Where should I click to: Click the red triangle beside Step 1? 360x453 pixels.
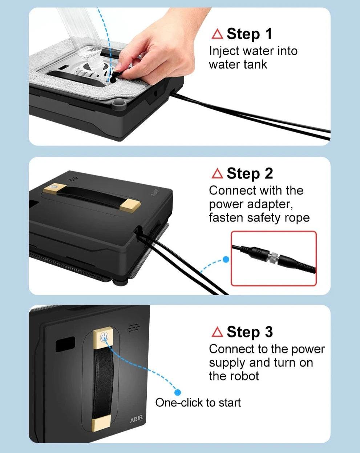point(217,34)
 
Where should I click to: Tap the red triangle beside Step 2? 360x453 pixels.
point(217,174)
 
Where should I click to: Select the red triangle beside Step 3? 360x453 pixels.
point(217,332)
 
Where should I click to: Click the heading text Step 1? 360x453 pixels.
point(249,34)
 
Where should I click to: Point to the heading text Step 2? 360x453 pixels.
point(250,174)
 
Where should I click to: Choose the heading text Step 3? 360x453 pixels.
point(250,332)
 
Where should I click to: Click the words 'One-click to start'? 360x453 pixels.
point(198,402)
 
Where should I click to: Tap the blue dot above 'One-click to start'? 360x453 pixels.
point(178,392)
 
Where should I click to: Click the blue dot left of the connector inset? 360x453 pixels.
point(226,259)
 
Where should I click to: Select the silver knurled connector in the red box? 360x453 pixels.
point(274,257)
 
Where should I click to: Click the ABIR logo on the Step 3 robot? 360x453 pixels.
point(136,418)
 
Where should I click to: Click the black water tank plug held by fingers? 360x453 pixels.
point(115,76)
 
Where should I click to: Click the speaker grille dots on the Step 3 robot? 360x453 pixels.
point(133,328)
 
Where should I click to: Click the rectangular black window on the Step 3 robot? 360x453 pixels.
point(65,344)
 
